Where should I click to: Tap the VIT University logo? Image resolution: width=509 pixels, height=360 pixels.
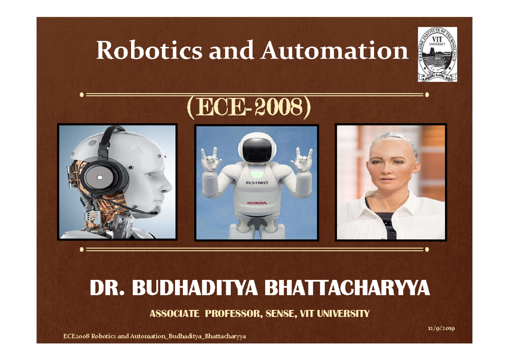(437, 54)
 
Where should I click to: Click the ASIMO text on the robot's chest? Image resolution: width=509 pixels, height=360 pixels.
(256, 183)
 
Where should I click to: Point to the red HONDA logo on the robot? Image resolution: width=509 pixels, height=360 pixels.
(257, 203)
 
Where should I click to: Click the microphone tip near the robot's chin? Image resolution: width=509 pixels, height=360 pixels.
(155, 212)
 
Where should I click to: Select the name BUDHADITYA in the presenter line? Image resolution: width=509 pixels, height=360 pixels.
(196, 289)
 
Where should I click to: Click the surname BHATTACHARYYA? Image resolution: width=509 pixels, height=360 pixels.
(347, 289)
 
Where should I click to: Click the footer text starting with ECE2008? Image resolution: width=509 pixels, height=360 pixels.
(154, 336)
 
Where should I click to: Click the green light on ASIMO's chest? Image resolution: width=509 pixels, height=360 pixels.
(256, 173)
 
